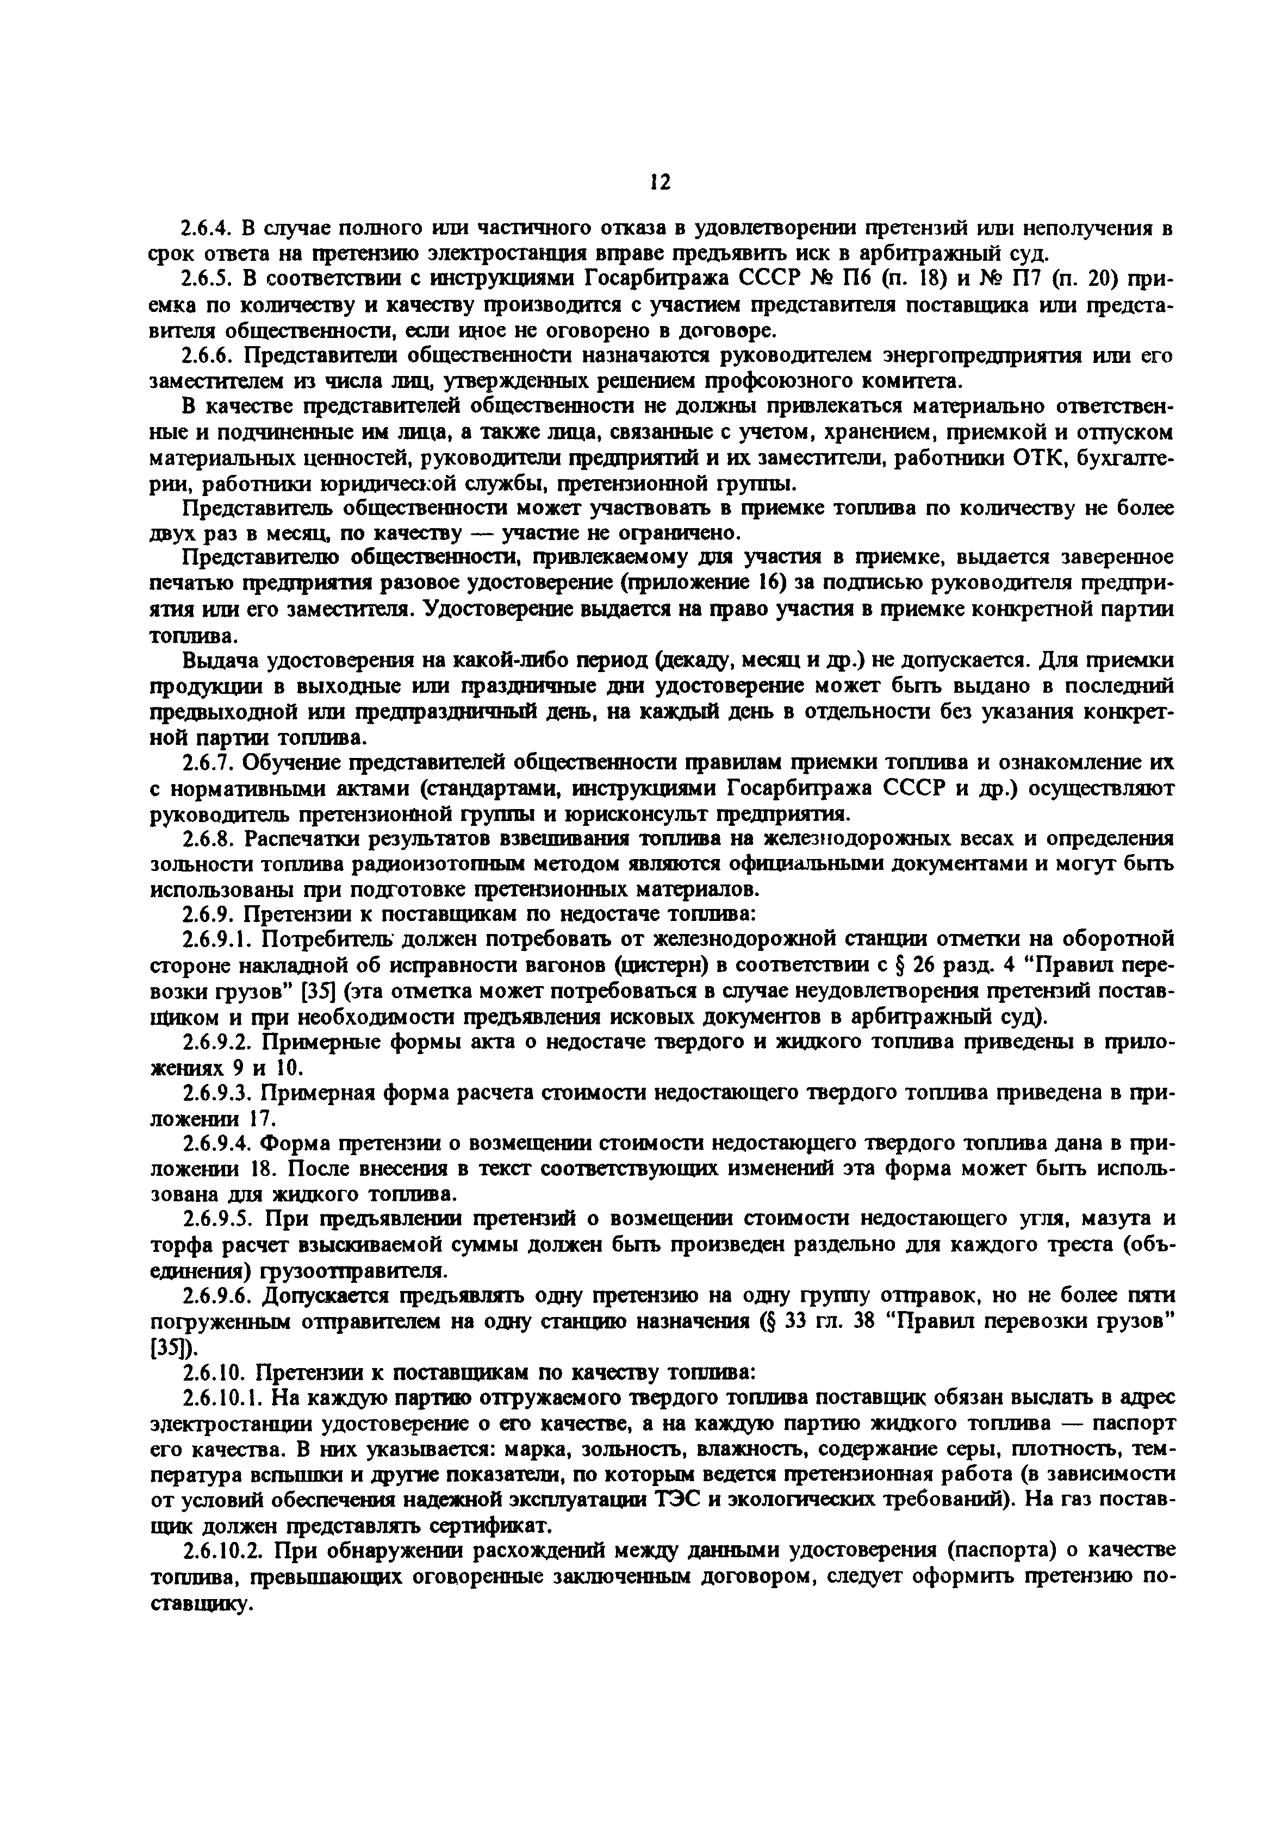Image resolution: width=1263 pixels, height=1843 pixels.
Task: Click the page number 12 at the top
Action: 660,183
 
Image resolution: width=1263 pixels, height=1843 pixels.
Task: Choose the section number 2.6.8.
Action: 207,838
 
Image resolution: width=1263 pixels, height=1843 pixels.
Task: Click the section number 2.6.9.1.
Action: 216,940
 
